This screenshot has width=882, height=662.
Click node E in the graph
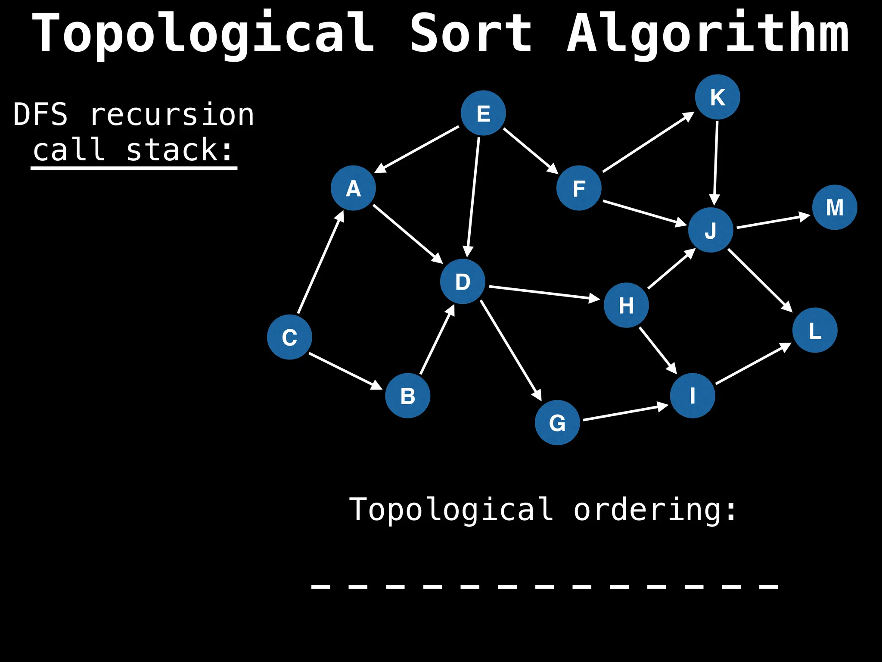click(483, 113)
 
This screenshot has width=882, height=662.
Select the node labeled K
click(717, 97)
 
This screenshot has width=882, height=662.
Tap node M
click(835, 207)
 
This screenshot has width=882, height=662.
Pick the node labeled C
click(289, 337)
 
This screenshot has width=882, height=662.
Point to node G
click(557, 422)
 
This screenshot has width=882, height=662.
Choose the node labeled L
click(815, 330)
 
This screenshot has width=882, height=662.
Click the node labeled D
click(463, 281)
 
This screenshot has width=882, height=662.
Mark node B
click(407, 396)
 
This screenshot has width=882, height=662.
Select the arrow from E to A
click(417, 149)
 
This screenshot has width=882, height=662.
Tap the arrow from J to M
click(773, 221)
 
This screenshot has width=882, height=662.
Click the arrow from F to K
click(649, 142)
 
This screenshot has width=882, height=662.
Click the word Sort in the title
click(471, 34)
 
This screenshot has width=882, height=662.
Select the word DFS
click(40, 115)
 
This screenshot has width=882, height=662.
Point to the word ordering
click(655, 510)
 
